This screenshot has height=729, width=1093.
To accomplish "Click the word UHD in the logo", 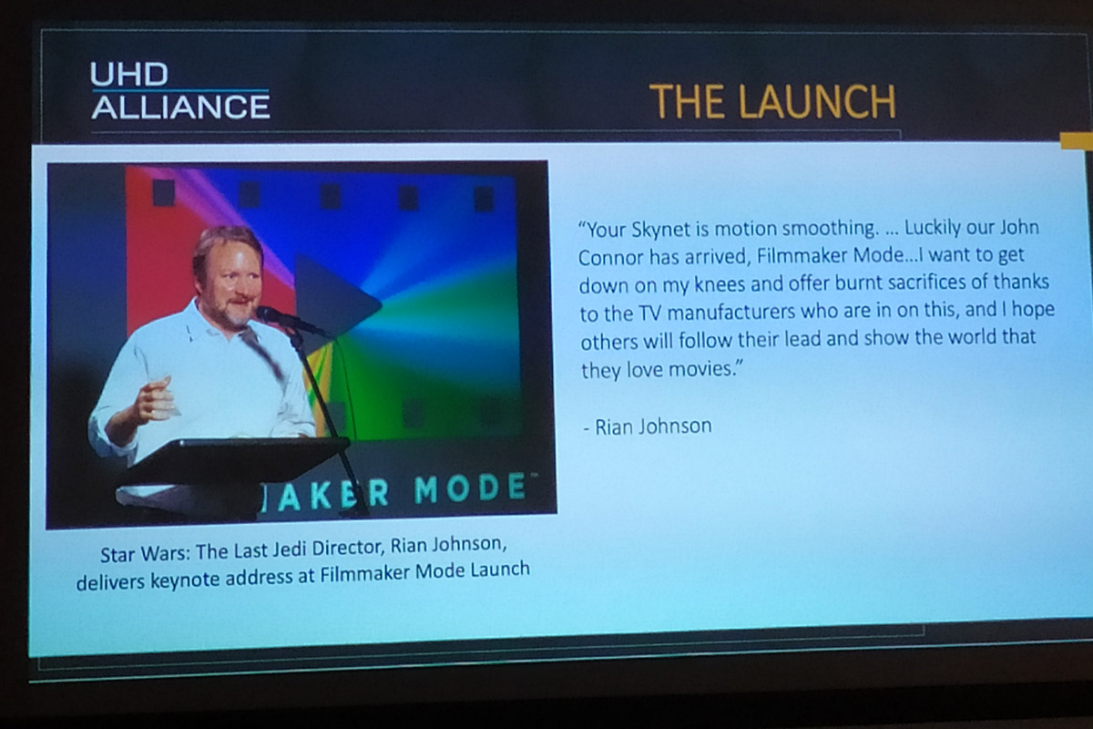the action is (x=129, y=74).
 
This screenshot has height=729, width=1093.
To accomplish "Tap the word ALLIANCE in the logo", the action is (x=180, y=107).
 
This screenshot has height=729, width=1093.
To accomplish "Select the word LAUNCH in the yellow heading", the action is (x=817, y=101).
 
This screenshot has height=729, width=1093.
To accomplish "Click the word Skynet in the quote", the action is (x=660, y=230).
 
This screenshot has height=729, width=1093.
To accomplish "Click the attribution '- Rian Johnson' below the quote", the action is (x=648, y=426).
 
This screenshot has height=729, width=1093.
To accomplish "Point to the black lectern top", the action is (x=233, y=460).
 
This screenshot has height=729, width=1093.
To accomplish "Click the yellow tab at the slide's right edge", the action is (x=1077, y=140).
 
